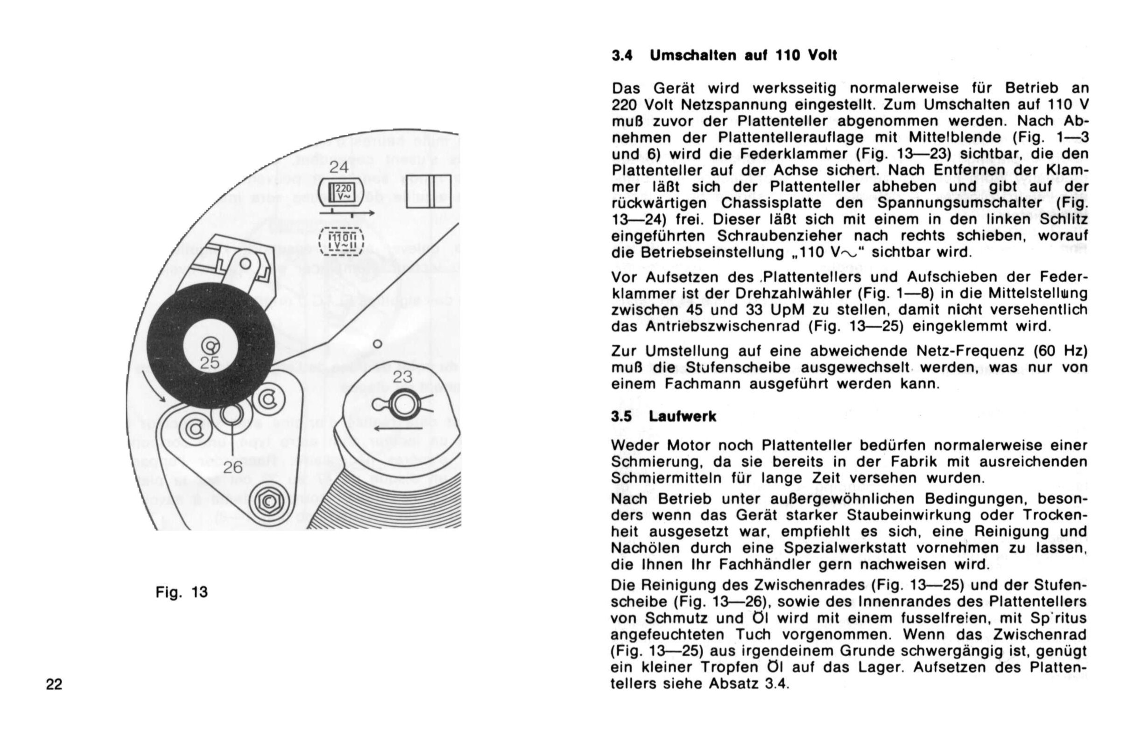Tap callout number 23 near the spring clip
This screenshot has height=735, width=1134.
coord(402,377)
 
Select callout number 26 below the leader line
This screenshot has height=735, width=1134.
coord(233,468)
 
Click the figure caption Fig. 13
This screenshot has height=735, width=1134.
coord(182,592)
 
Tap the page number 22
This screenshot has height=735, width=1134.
coord(54,685)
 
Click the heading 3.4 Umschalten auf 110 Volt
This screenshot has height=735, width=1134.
coord(724,56)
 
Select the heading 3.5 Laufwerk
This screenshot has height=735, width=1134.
coord(664,416)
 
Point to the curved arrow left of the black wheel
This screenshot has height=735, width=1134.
coord(154,387)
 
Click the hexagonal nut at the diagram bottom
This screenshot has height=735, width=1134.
coord(268,501)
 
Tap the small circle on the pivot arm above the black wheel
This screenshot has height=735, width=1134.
coord(246,263)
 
